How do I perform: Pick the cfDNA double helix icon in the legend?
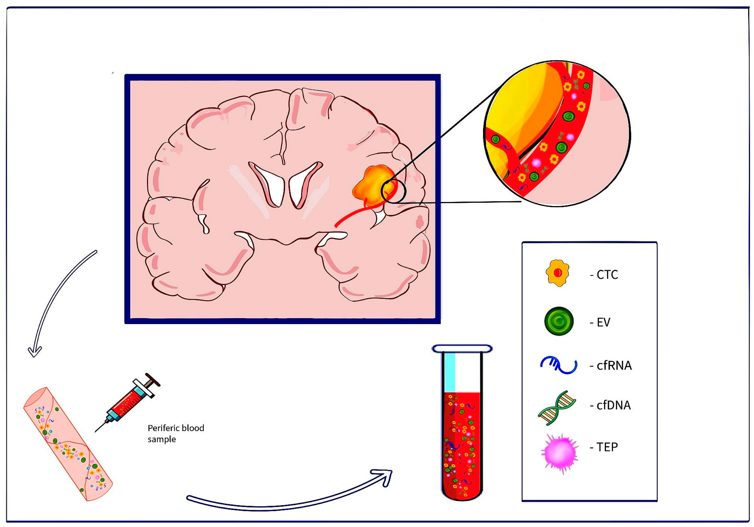point(557,408)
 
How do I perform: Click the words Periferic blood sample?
point(176,434)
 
